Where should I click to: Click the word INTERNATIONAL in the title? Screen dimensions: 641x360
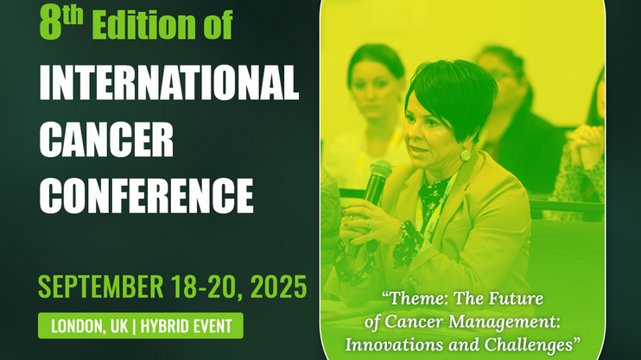(168, 82)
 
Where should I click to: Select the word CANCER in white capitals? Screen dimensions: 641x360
(106, 139)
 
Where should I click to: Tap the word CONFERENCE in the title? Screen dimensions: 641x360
(146, 195)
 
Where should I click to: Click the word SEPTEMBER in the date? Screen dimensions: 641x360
(100, 287)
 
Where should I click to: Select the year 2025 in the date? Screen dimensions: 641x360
(278, 287)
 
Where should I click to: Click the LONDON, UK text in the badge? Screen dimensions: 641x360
(90, 326)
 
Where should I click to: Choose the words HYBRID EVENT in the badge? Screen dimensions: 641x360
(186, 326)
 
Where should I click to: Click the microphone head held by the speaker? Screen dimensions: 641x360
(380, 168)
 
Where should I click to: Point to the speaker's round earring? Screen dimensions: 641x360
(466, 155)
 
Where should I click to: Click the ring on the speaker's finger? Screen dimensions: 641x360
(368, 224)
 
